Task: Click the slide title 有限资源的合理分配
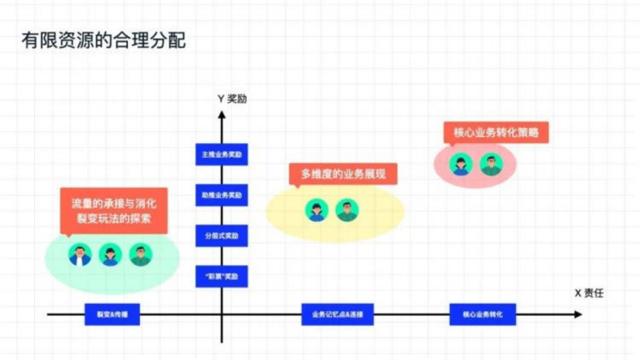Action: (104, 40)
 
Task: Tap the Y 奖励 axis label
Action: (232, 99)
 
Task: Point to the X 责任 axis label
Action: (589, 293)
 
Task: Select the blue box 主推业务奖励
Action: (222, 154)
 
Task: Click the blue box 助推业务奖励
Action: (222, 195)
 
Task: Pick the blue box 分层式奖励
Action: (222, 235)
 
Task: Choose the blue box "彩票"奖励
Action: (222, 276)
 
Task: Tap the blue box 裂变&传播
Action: (112, 314)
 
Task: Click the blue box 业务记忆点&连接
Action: (337, 314)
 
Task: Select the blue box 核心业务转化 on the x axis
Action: (482, 314)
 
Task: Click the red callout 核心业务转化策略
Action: (496, 132)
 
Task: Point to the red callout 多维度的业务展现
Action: (343, 174)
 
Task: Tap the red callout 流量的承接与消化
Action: (114, 210)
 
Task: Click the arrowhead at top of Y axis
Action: (222, 115)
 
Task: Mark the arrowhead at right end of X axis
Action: (578, 314)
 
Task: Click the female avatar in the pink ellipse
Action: (460, 164)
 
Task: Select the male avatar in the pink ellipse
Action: (491, 164)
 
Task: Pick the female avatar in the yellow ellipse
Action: (316, 210)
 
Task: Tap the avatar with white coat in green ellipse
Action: (80, 255)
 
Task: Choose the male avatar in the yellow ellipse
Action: (347, 210)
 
